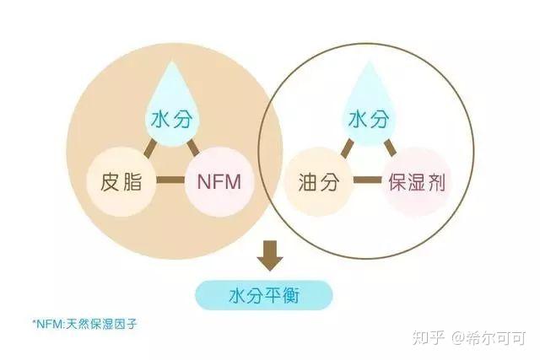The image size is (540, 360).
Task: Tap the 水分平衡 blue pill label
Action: [264, 296]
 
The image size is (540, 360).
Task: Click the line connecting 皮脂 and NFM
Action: [170, 180]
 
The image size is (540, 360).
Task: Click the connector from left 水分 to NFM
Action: [192, 148]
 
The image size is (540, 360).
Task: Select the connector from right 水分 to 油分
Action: [345, 148]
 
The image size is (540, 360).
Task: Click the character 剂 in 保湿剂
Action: [435, 181]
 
